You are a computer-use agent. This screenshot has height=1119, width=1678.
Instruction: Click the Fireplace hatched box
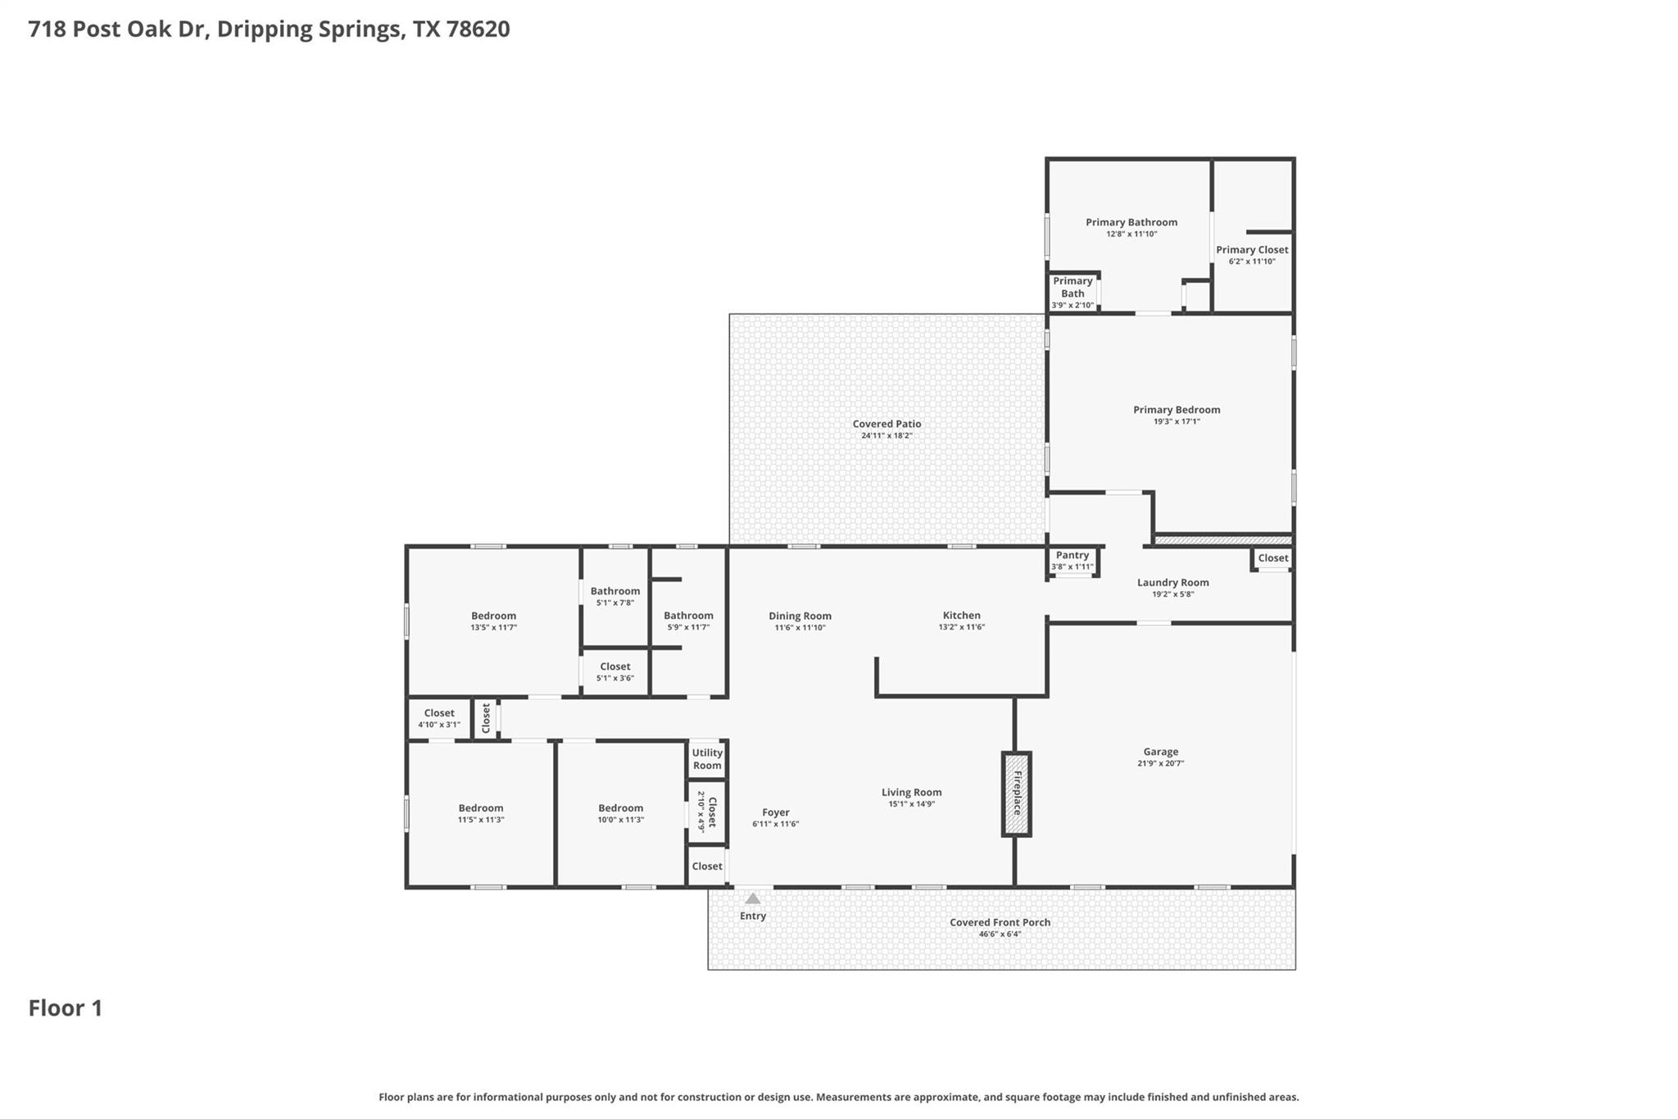[x=1016, y=794]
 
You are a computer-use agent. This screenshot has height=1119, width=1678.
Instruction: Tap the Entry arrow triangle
[x=752, y=898]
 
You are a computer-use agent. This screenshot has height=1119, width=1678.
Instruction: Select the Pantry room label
[x=1072, y=556]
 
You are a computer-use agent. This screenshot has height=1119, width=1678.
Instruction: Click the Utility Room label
[x=706, y=759]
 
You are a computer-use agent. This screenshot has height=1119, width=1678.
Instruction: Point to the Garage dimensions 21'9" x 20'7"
[x=1160, y=763]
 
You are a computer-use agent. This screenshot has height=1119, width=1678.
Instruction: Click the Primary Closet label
[x=1251, y=250]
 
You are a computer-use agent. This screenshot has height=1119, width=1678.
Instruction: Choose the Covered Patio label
[x=887, y=424]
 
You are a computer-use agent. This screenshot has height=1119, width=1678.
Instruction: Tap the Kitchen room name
[x=961, y=615]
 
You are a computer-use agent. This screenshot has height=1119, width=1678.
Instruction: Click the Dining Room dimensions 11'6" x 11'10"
[x=800, y=628]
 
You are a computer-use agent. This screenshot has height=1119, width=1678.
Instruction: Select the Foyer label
[x=775, y=812]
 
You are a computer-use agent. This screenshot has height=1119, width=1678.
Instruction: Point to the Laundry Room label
[x=1172, y=583]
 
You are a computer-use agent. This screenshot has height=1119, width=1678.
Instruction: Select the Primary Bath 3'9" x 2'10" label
[x=1073, y=293]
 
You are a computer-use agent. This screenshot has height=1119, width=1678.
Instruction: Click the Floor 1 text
[x=66, y=1008]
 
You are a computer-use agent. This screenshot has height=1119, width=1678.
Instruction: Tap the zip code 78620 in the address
[x=478, y=30]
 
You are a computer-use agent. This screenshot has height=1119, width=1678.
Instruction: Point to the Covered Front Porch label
[x=1000, y=922]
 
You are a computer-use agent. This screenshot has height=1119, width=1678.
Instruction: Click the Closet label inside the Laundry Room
[x=1272, y=558]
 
